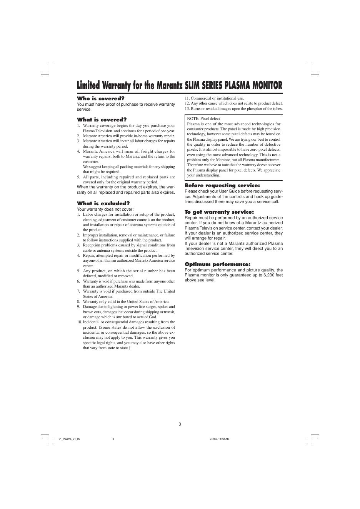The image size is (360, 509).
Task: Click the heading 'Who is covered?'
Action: tap(101, 98)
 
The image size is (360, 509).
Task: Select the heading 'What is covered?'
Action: tap(102, 120)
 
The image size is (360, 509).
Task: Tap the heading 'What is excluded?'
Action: tap(103, 203)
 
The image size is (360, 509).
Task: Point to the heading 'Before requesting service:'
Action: tap(222, 186)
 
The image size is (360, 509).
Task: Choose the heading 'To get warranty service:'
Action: tap(219, 212)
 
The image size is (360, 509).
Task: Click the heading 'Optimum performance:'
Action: tap(217, 264)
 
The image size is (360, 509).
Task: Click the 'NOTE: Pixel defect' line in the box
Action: tap(203, 119)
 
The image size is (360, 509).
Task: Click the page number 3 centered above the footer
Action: tap(180, 424)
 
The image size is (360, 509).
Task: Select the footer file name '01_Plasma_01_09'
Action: tap(70, 439)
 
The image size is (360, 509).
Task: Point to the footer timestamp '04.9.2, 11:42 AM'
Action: tap(220, 439)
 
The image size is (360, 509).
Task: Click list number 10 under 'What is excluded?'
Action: tap(79, 322)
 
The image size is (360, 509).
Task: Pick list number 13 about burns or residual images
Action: tap(187, 108)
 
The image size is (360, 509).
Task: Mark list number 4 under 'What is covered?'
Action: tap(78, 151)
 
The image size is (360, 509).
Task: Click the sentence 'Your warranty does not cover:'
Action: tap(105, 210)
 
